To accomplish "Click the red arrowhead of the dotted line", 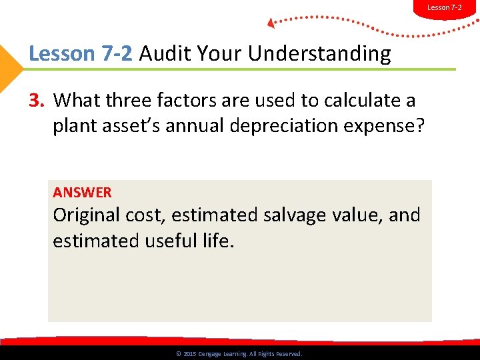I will (x=271, y=23).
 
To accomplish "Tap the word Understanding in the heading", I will (x=319, y=54).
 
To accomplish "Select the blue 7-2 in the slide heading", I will (x=119, y=54).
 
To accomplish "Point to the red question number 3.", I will (x=37, y=101).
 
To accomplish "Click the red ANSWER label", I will (x=83, y=193).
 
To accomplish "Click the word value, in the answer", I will (x=361, y=215).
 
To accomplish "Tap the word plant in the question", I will (x=74, y=127).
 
